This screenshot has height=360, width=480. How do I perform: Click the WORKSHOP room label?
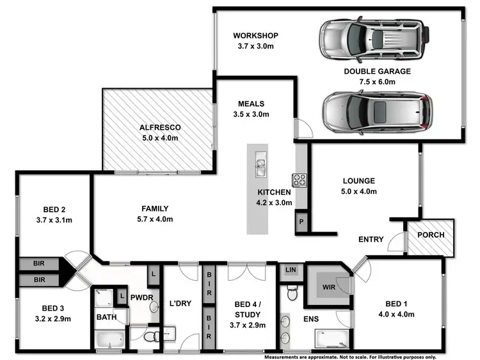(x=255, y=35)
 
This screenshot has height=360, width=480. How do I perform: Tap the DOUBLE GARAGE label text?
(x=377, y=72)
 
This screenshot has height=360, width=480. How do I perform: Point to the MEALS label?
(x=251, y=104)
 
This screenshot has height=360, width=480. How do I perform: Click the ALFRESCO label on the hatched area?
(x=160, y=127)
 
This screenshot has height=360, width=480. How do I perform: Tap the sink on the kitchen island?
(x=260, y=165)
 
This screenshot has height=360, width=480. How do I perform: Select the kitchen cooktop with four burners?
(x=300, y=180)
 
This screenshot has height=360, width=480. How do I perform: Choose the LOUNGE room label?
(x=358, y=181)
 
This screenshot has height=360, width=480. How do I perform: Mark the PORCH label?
(x=431, y=235)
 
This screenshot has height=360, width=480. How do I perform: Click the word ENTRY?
(x=371, y=240)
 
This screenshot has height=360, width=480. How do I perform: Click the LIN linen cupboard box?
(x=291, y=270)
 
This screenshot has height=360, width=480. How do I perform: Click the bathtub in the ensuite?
(x=332, y=336)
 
